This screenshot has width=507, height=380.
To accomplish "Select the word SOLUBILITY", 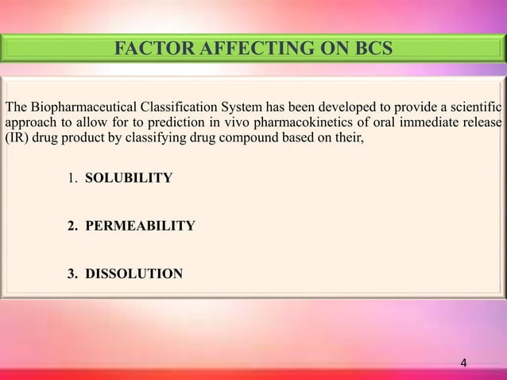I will pos(128,178).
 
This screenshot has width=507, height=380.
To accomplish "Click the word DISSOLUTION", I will pos(134,275).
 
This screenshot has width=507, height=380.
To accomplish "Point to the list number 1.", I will pos(70,178).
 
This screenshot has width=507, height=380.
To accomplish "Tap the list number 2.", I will pos(70,227).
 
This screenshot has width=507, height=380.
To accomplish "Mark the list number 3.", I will pos(70,275).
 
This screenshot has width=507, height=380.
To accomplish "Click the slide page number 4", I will pos(465,364).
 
